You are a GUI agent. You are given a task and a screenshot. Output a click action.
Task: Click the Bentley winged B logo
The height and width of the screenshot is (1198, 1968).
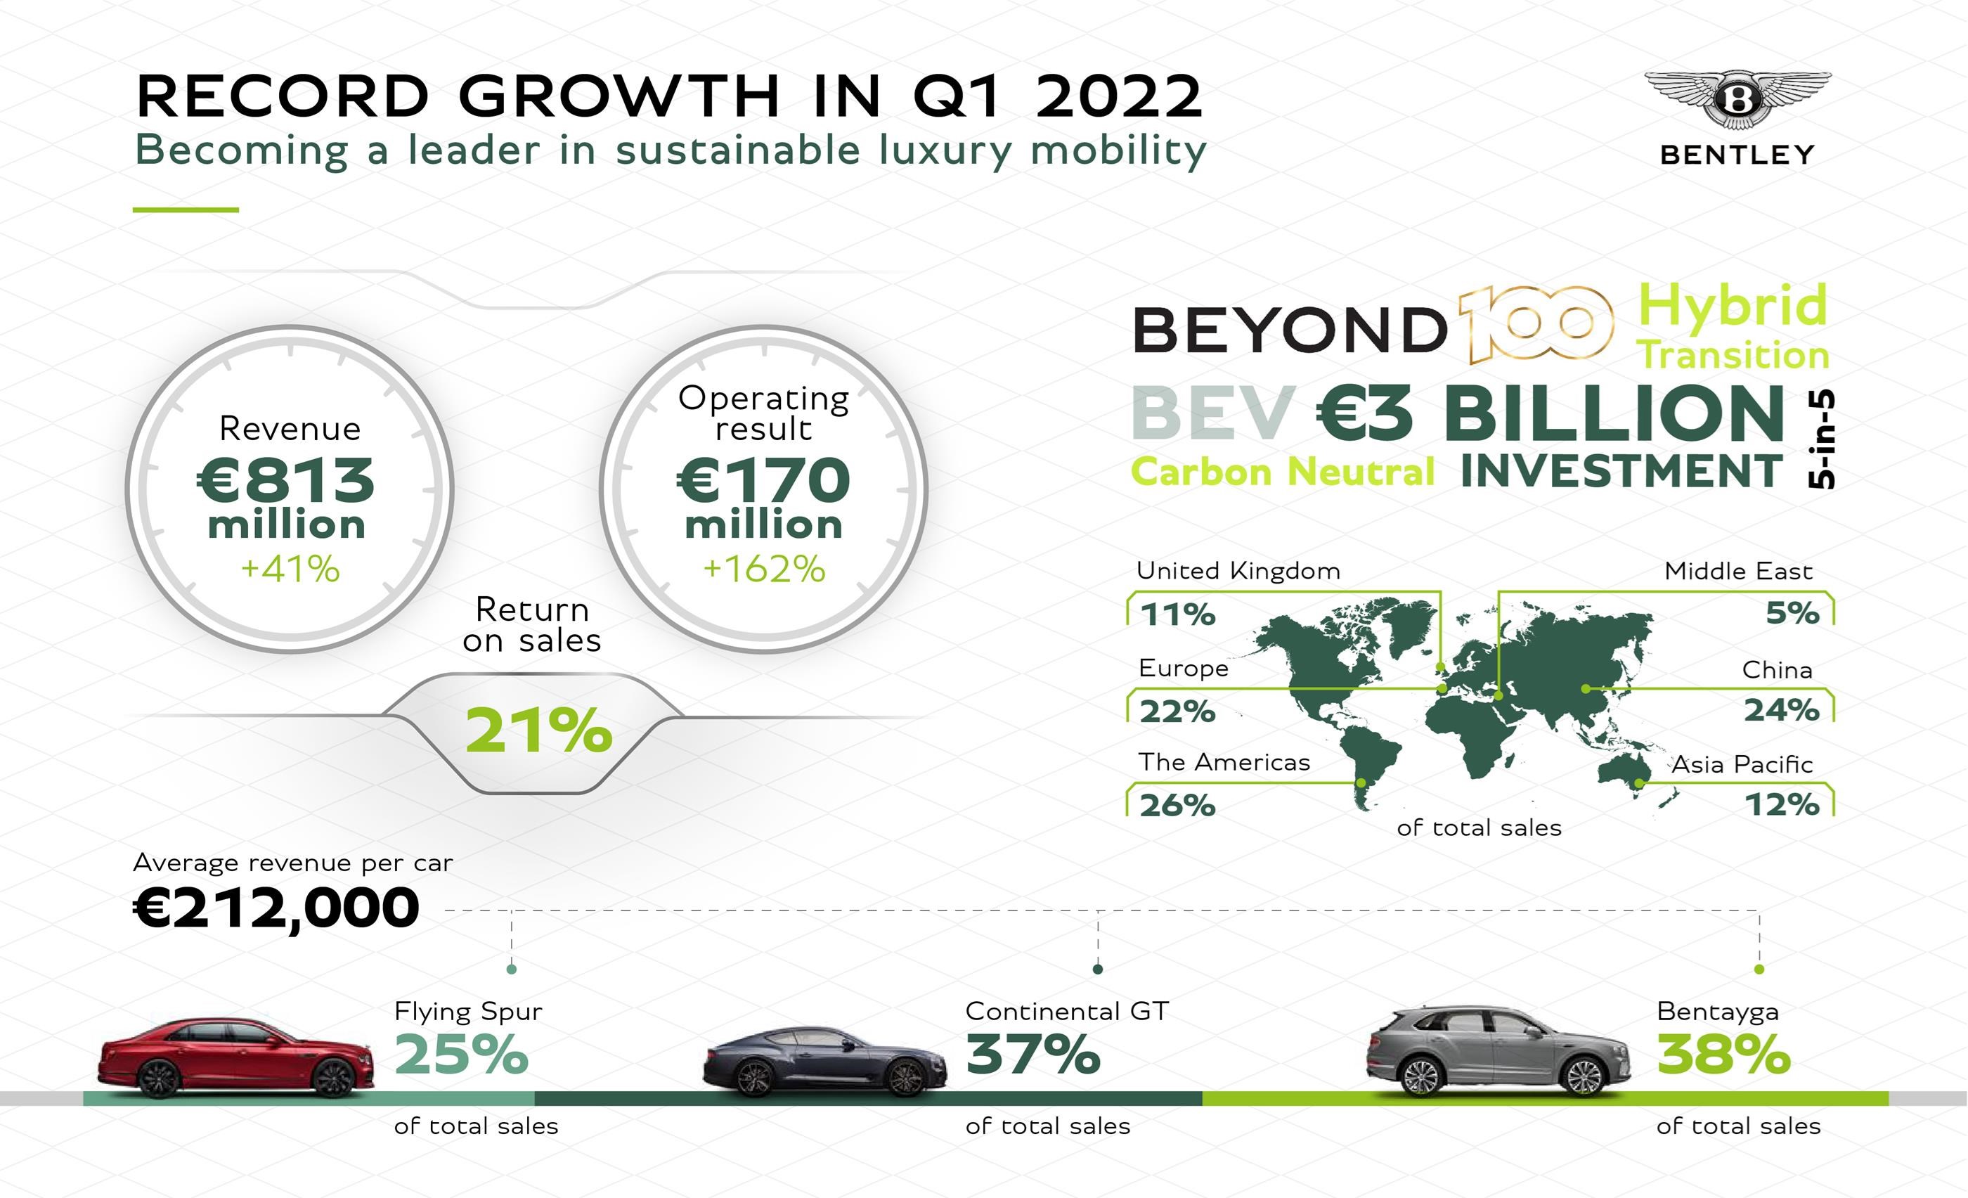pyautogui.click(x=1738, y=100)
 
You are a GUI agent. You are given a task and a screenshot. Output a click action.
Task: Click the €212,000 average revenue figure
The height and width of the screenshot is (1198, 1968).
pyautogui.click(x=276, y=908)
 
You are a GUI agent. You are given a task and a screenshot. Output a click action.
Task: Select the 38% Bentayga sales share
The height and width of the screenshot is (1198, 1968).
pyautogui.click(x=1723, y=1055)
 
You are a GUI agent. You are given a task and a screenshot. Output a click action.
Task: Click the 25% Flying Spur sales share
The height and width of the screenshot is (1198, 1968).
pyautogui.click(x=462, y=1055)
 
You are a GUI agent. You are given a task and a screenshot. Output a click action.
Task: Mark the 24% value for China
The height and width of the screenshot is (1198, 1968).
pyautogui.click(x=1781, y=710)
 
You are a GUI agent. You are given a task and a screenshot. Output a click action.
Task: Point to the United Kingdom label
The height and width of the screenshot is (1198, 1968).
pyautogui.click(x=1238, y=571)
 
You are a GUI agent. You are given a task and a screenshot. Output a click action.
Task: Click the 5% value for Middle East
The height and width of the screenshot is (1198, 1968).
pyautogui.click(x=1792, y=613)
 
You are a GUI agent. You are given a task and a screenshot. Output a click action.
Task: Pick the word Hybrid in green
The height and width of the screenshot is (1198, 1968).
pyautogui.click(x=1733, y=305)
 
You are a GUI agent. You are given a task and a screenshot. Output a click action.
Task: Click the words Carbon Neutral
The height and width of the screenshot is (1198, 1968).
pyautogui.click(x=1283, y=472)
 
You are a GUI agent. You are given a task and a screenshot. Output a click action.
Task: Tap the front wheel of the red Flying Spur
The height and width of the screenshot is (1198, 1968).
pyautogui.click(x=333, y=1078)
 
